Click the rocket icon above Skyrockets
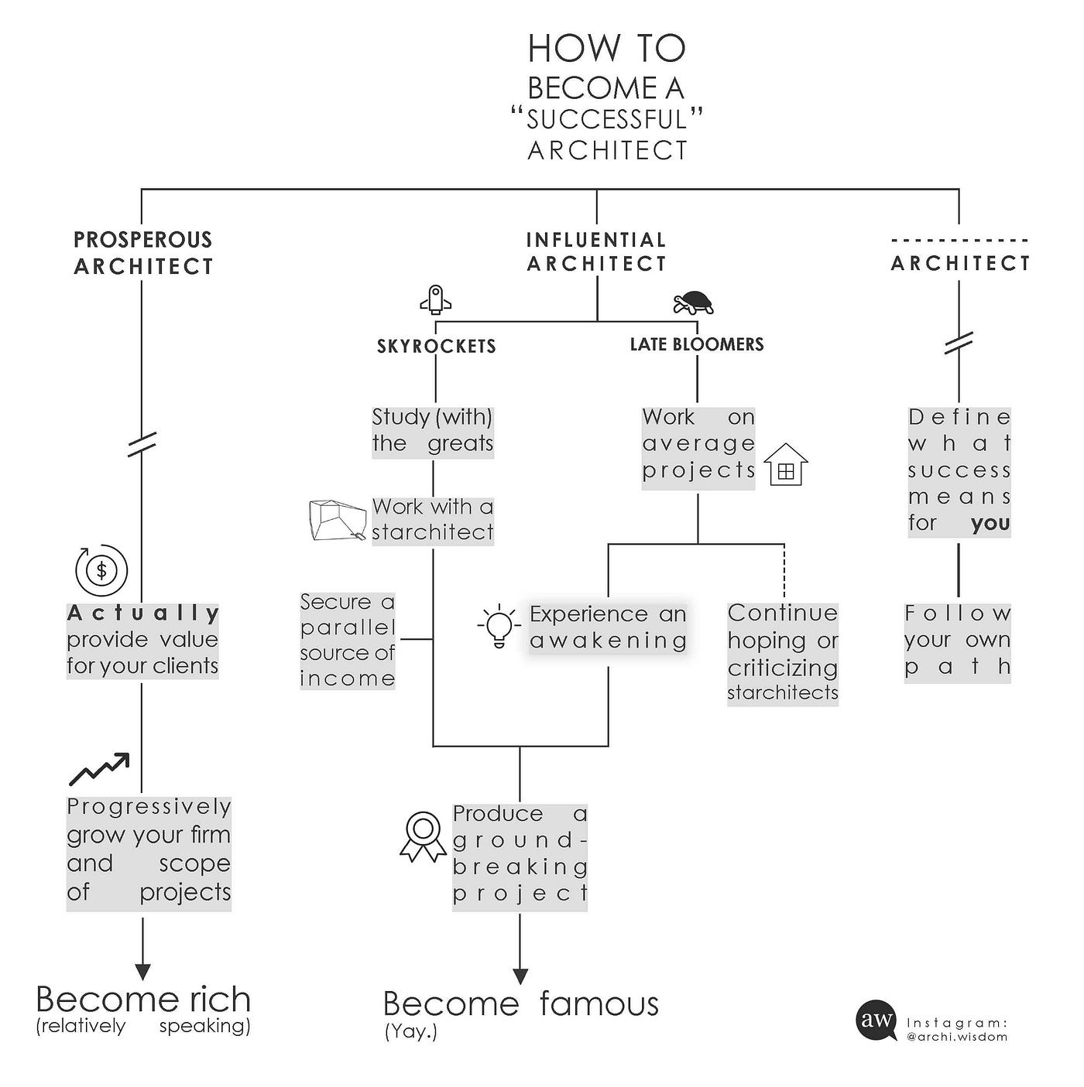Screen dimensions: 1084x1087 pyautogui.click(x=435, y=299)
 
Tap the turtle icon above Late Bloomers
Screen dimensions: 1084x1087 pyautogui.click(x=693, y=303)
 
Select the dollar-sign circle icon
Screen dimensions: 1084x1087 pyautogui.click(x=101, y=570)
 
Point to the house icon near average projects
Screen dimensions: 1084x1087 pyautogui.click(x=785, y=465)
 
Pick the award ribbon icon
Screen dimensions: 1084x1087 pyautogui.click(x=423, y=836)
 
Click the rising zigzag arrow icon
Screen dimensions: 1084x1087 pyautogui.click(x=99, y=769)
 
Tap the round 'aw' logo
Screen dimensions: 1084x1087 pyautogui.click(x=876, y=1020)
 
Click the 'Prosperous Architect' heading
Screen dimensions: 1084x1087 pyautogui.click(x=143, y=253)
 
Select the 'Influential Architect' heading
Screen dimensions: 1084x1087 pyautogui.click(x=596, y=252)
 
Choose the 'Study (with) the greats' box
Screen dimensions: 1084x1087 pyautogui.click(x=432, y=431)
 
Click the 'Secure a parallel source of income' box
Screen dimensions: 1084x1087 pyautogui.click(x=348, y=640)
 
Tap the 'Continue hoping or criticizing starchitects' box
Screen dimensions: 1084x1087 pyautogui.click(x=783, y=653)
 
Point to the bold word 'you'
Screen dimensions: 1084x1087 pyautogui.click(x=990, y=523)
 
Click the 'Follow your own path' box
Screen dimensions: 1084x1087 pyautogui.click(x=958, y=641)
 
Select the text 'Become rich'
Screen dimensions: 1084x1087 pyautogui.click(x=143, y=1000)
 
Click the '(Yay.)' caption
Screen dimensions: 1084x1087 pyautogui.click(x=411, y=1032)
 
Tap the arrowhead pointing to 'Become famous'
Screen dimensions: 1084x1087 pyautogui.click(x=520, y=976)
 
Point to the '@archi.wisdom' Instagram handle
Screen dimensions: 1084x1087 pyautogui.click(x=957, y=1037)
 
